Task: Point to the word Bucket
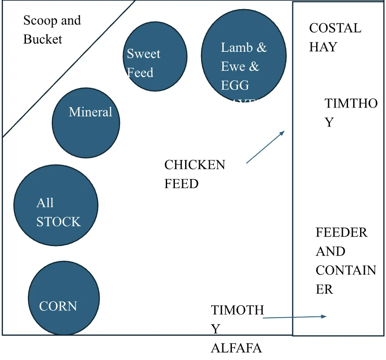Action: (43, 39)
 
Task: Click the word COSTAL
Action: (335, 28)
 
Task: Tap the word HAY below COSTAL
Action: (323, 47)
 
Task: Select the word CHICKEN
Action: (195, 165)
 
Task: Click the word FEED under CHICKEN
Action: (181, 184)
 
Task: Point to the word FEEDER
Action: (342, 233)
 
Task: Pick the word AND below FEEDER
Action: (330, 252)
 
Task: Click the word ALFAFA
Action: (236, 348)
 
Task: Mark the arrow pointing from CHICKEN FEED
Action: (265, 147)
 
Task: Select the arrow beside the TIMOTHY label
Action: (294, 317)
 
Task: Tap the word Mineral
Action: (90, 112)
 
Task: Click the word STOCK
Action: (58, 222)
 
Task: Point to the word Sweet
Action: (143, 54)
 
